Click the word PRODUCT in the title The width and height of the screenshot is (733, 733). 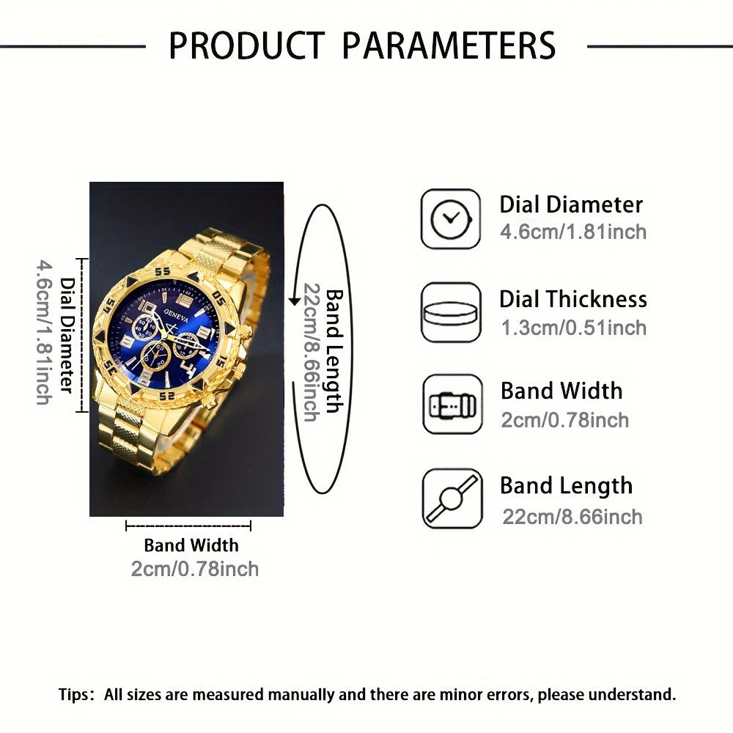coord(246,45)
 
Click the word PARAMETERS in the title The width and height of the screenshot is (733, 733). coord(449,45)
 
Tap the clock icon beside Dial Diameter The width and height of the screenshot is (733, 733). coord(450,218)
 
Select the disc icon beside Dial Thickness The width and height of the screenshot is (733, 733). coord(451,312)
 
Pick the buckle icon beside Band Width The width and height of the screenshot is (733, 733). coord(452,405)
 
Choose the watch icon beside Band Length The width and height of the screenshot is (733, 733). coord(452,498)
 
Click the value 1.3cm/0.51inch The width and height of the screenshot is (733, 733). coord(573,328)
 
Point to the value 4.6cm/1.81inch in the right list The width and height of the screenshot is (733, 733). coord(573,232)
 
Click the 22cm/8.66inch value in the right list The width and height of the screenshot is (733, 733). coord(572,516)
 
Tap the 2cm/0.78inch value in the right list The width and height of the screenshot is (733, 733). coord(564,420)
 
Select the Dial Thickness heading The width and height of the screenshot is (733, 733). coord(573,299)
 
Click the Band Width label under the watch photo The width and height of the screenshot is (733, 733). coord(191,545)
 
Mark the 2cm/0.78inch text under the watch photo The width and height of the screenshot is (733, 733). coord(195,569)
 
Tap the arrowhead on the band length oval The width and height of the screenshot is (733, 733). coord(295,301)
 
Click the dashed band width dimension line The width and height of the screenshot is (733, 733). coord(188,526)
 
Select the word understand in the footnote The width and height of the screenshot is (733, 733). coord(639,693)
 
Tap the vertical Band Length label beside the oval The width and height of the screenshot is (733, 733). coord(334,350)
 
